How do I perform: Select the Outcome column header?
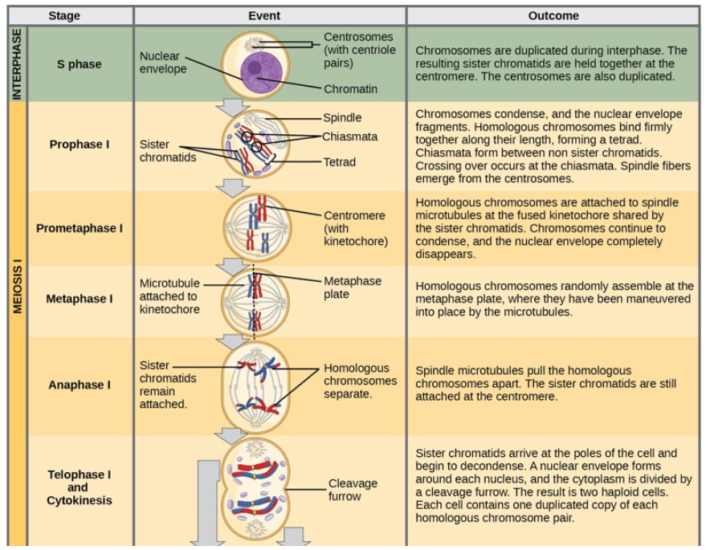pos(553,15)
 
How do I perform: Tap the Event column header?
pos(269,15)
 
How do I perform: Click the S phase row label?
pos(80,64)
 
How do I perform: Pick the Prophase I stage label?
pos(80,145)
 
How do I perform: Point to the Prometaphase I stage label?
pos(80,228)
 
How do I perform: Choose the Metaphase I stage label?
pos(80,299)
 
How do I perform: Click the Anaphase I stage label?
pos(80,385)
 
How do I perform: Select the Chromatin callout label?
pos(350,89)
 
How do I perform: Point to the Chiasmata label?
pos(350,136)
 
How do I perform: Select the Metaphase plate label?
pos(352,287)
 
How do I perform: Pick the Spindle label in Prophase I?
pos(342,117)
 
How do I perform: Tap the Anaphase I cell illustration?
pos(255,385)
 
